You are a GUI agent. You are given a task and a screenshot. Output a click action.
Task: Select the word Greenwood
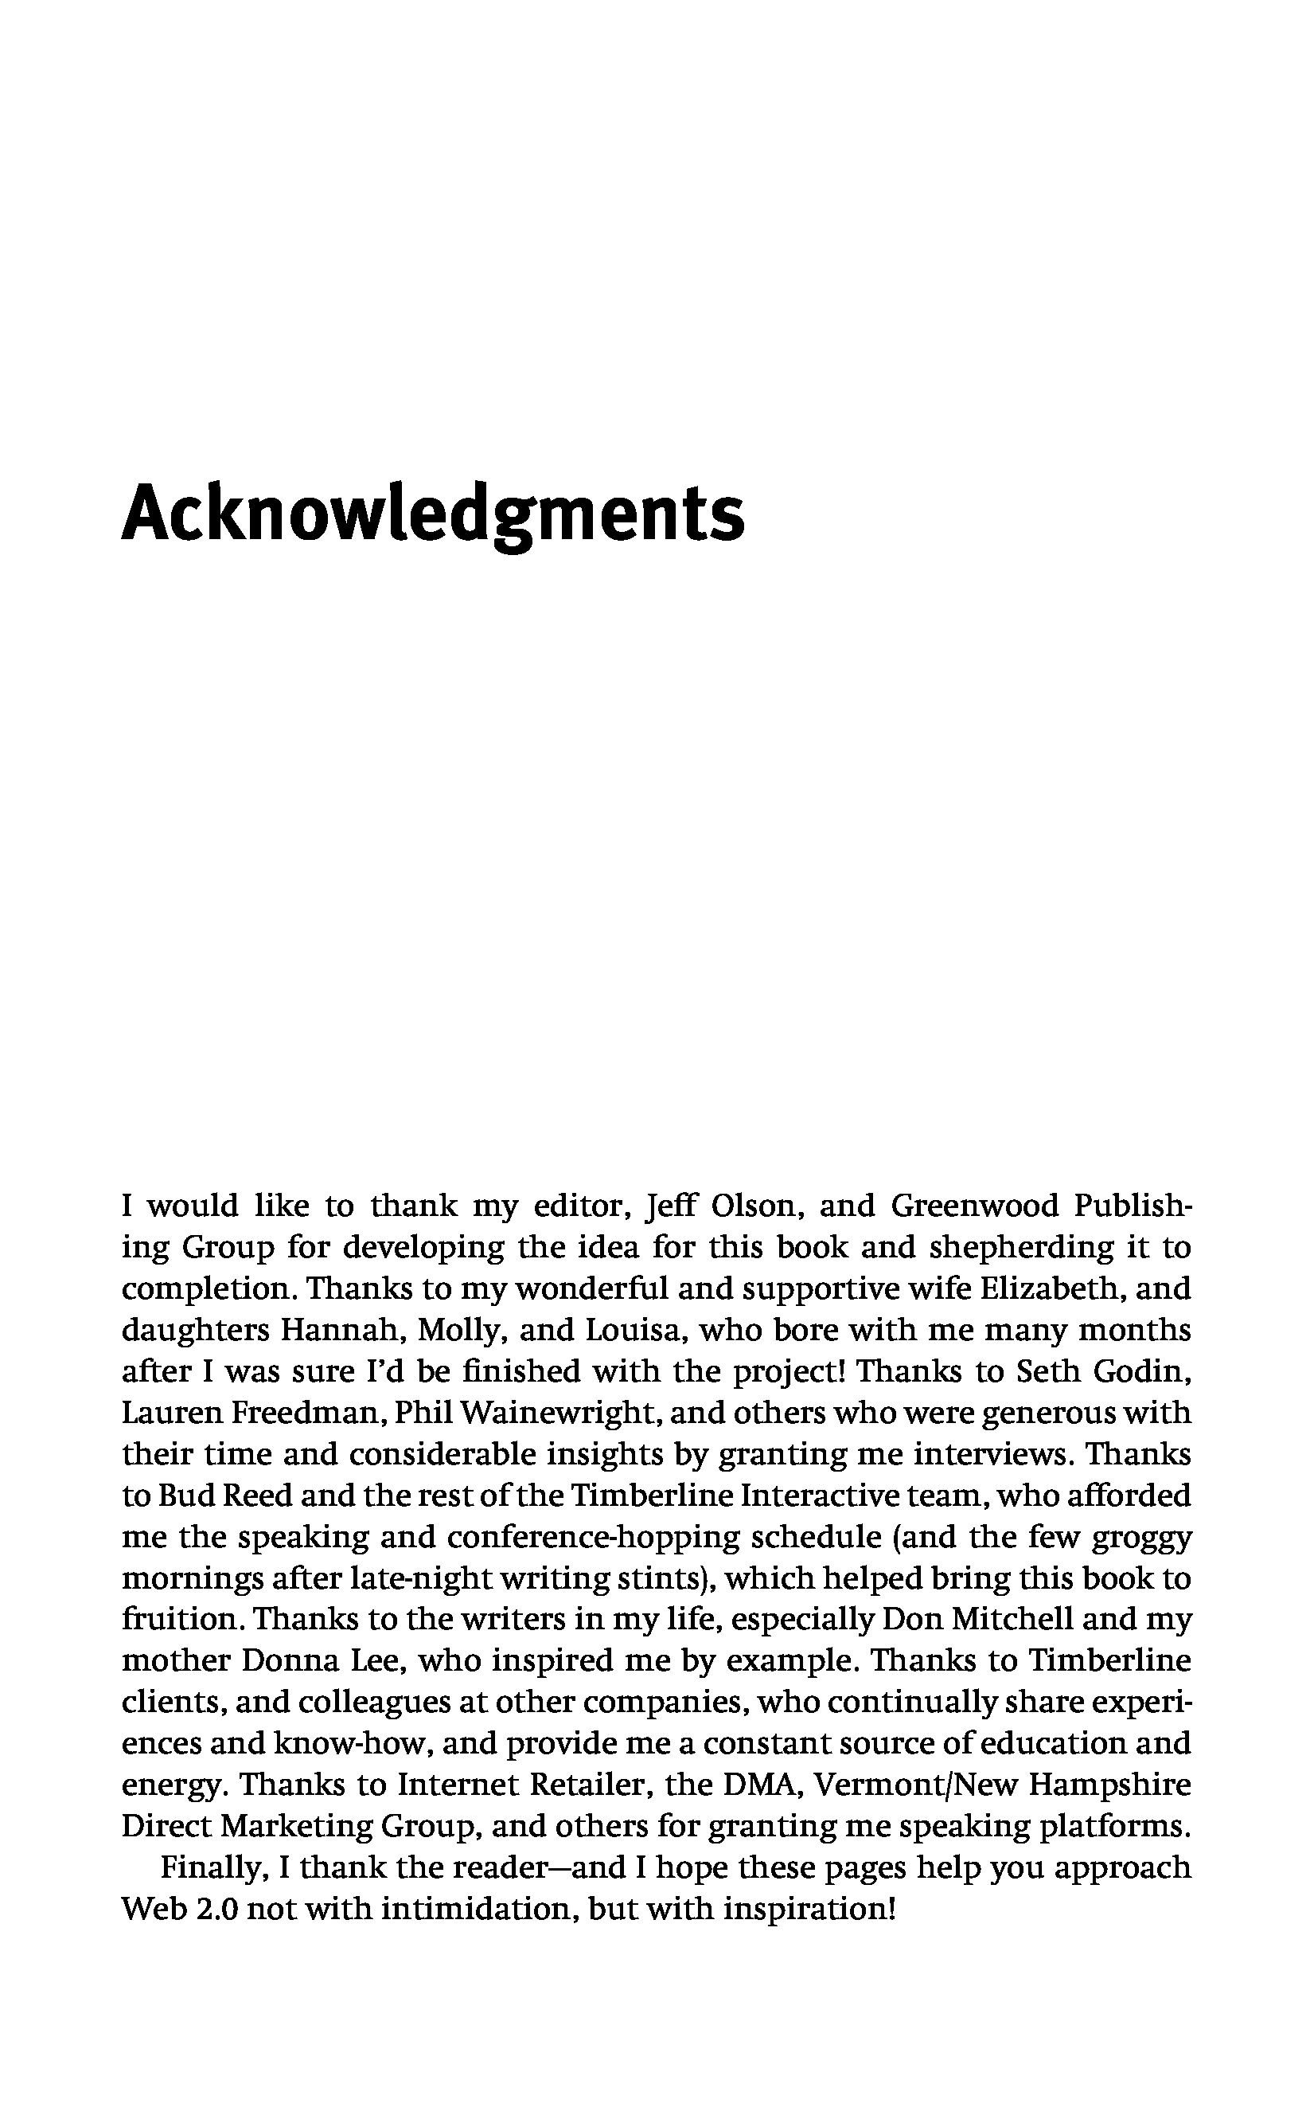point(975,1206)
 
